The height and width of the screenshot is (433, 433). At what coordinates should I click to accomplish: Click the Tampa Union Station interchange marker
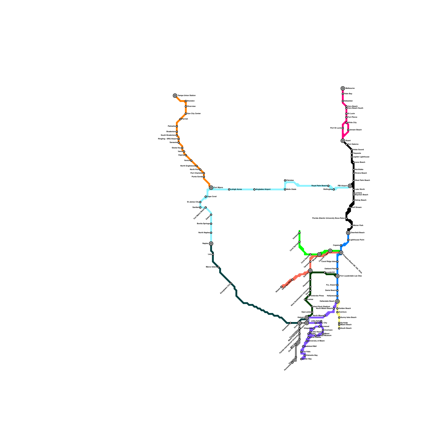175,96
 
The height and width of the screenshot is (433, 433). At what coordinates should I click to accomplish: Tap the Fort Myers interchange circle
211,188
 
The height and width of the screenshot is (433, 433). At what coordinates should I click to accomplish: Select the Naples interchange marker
211,244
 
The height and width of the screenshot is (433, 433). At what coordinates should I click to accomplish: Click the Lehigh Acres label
236,189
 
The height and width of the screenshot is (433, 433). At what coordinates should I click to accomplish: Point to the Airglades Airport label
263,189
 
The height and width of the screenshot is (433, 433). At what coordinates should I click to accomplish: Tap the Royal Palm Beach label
319,186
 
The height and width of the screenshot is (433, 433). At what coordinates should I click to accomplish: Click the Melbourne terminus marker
343,88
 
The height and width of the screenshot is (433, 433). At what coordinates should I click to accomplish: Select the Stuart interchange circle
343,141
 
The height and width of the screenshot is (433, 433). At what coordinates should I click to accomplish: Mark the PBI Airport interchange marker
350,186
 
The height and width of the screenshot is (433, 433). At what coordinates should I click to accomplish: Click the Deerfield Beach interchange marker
348,233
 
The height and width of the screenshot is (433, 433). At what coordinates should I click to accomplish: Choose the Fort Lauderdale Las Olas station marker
337,276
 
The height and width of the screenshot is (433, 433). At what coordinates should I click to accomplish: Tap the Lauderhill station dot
325,273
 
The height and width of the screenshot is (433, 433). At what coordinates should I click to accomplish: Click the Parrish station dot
181,119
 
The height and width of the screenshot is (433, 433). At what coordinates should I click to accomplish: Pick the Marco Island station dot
218,267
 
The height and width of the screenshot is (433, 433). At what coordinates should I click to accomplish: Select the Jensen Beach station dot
348,130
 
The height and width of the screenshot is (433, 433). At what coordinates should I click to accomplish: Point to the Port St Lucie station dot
343,128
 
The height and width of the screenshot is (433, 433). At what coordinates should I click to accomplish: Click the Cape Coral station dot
206,197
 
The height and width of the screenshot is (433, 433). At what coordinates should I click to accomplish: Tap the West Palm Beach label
362,181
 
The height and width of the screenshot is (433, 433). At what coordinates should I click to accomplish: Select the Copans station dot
341,245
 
